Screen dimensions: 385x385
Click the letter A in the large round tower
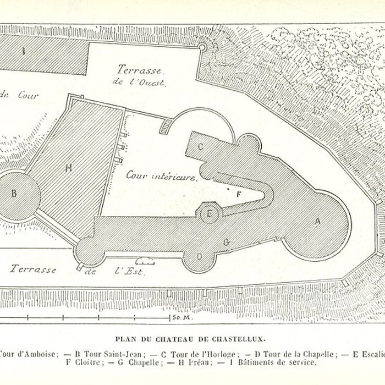pos(317,222)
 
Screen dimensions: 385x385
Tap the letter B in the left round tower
pos(14,193)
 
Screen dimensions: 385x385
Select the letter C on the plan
pos(201,146)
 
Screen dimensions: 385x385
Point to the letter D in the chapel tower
pos(199,256)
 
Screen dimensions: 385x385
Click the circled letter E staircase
pos(210,213)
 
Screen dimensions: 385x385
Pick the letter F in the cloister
pos(238,194)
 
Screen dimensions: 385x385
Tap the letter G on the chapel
pos(226,241)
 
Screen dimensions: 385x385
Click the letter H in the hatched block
pos(69,168)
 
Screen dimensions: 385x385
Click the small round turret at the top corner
pos(202,47)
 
